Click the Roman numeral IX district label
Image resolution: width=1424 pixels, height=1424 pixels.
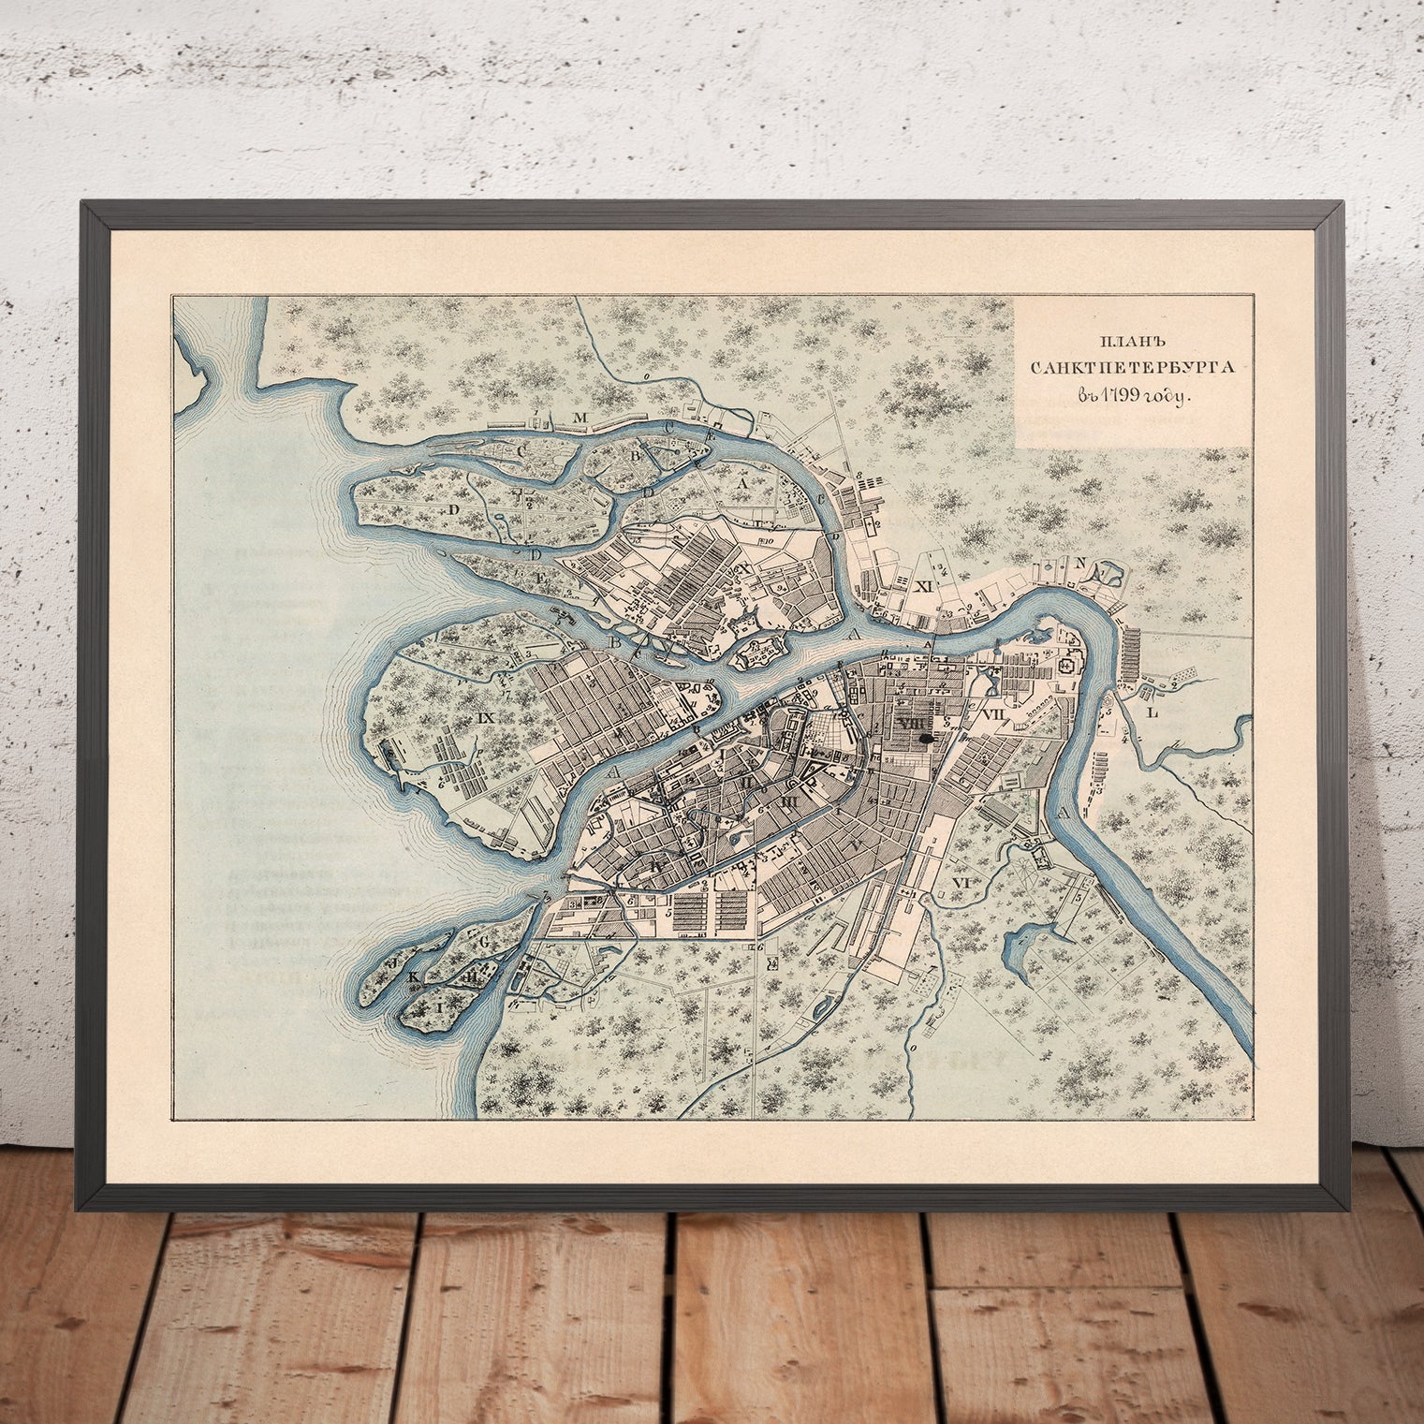[485, 718]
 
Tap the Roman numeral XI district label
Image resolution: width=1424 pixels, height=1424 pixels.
[926, 585]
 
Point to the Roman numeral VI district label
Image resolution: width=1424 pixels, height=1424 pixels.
[959, 883]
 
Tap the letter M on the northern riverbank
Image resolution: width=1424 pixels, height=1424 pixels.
[580, 418]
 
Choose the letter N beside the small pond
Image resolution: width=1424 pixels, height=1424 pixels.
[1080, 563]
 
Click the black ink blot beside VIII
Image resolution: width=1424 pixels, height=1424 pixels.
[928, 739]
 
